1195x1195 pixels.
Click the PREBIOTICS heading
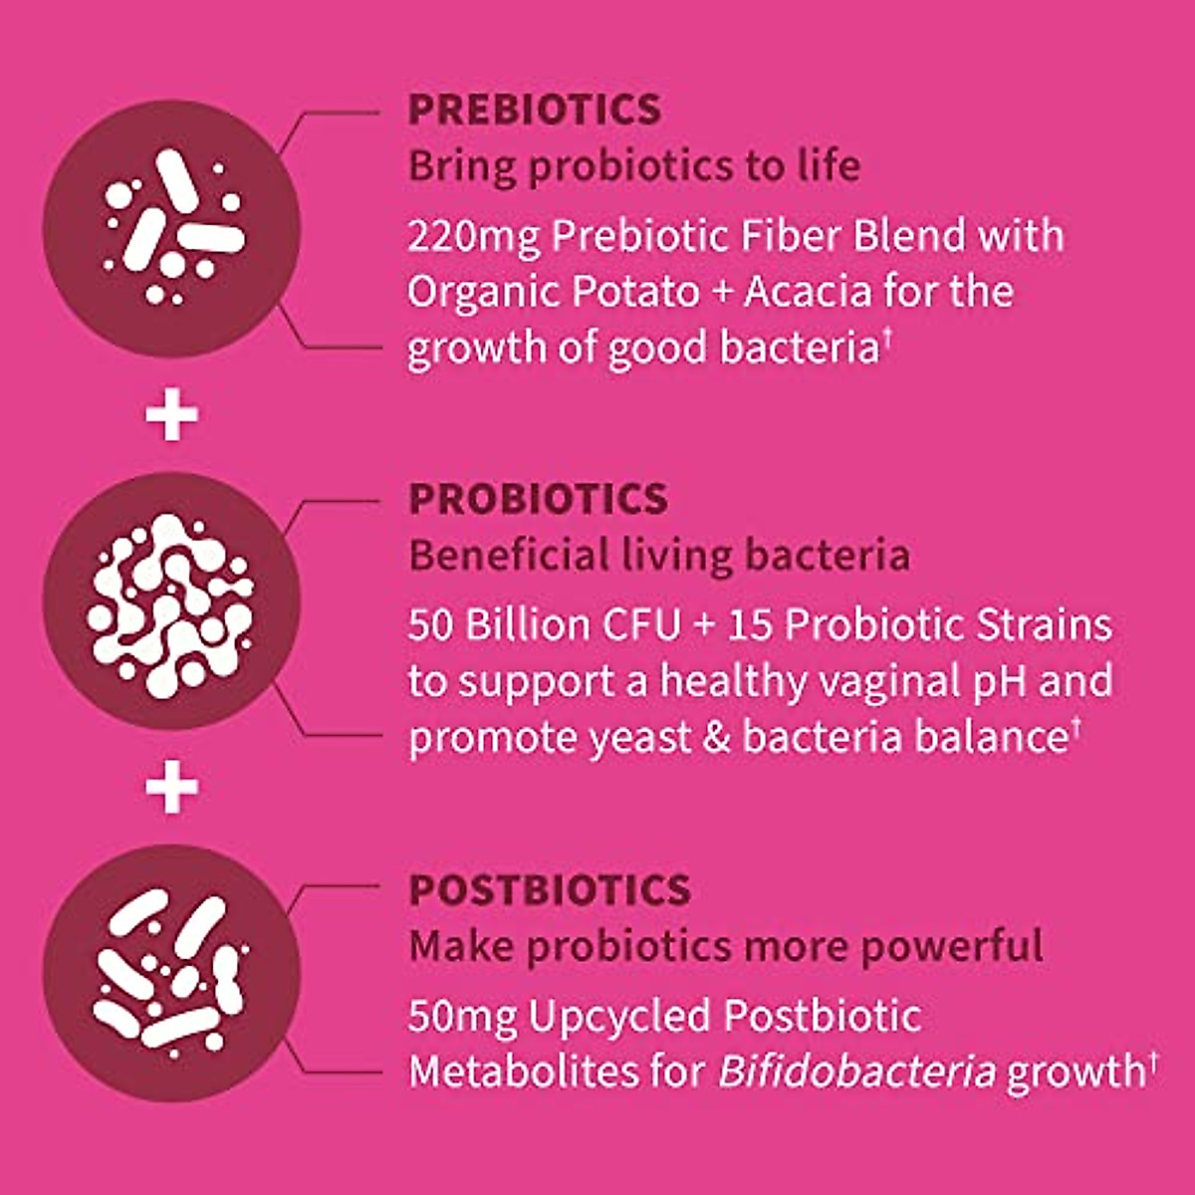point(534,110)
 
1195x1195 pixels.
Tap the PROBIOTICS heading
point(538,499)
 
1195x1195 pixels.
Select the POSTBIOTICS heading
point(550,890)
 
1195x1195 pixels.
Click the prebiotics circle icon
point(171,228)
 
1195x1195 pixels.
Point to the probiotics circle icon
point(171,603)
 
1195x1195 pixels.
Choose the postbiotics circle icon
point(171,973)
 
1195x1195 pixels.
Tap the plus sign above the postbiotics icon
point(171,789)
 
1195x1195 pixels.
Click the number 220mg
point(473,238)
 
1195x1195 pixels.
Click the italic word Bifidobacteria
point(856,1073)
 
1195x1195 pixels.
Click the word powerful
point(952,946)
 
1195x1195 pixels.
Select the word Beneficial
point(509,556)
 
